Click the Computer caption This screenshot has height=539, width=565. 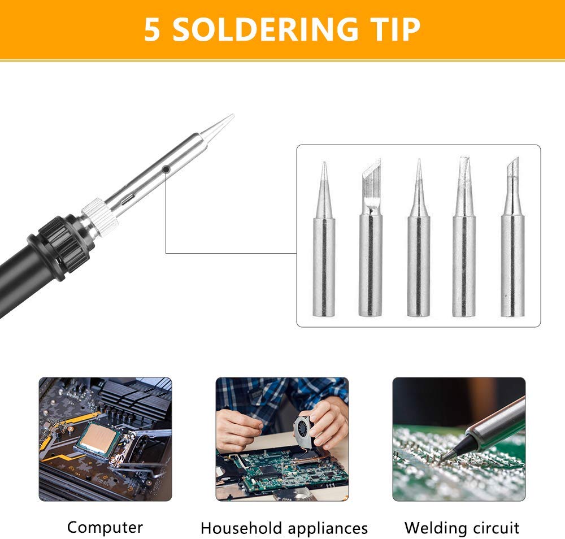(x=105, y=528)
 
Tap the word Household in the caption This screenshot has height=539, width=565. (x=241, y=528)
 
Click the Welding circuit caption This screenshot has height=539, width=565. (x=462, y=528)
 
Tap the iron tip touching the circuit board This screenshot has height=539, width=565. (x=449, y=455)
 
